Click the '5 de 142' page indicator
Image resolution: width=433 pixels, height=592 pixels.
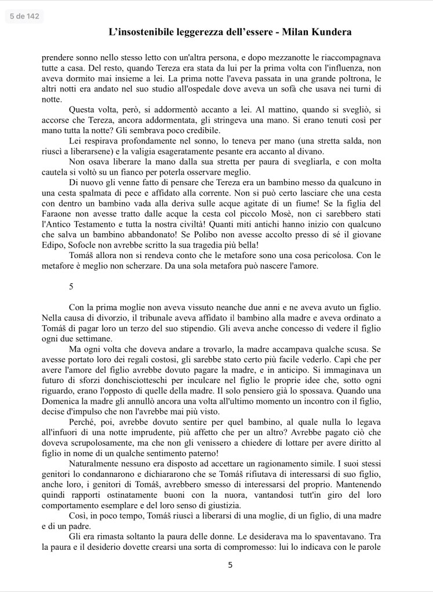24,16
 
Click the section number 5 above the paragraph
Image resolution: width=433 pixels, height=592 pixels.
71,286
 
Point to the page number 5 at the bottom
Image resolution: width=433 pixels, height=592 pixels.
230,565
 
